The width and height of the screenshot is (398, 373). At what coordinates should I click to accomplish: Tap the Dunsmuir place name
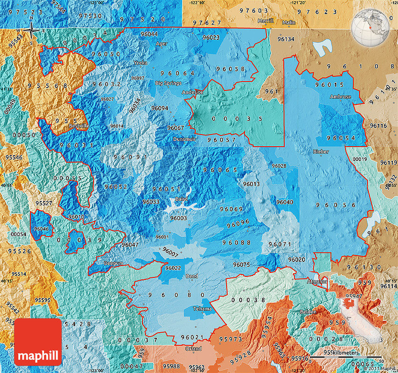pos(183,139)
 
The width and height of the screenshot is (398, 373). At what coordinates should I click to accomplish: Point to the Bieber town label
pos(321,151)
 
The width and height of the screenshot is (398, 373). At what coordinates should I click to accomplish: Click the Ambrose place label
pos(340,97)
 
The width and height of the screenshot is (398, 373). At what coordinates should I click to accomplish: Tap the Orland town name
pos(193,349)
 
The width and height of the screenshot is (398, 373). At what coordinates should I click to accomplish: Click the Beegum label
pos(113,263)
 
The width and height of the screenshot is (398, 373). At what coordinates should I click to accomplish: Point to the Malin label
pos(289,22)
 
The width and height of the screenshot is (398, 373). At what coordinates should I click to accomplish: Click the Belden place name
pos(309,312)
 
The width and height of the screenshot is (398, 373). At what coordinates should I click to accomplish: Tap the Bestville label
pos(79,126)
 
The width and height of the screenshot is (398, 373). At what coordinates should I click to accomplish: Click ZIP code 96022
pos(173,268)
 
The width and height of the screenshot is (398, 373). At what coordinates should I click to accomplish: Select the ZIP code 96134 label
pos(286,39)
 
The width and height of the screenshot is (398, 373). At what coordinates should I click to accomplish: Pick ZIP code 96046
pos(41,228)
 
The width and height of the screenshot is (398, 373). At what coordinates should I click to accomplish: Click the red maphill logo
pos(38,342)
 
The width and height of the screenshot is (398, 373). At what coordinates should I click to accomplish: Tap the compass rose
pos(31,30)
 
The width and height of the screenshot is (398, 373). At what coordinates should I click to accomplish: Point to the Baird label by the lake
pos(181,199)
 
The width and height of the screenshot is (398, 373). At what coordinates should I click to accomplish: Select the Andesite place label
pos(192,92)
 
